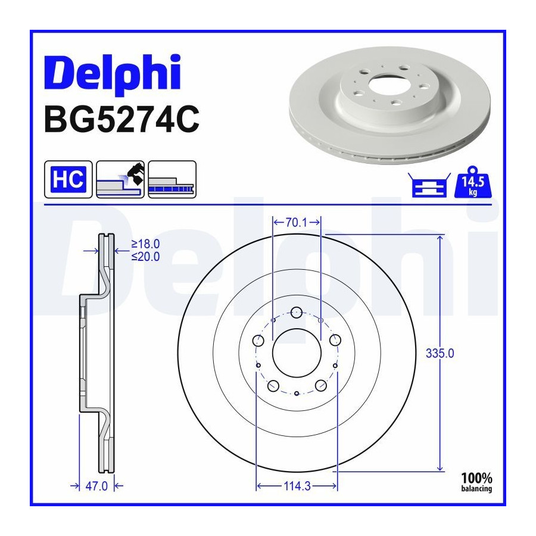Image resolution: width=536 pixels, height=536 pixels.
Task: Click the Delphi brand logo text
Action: click(113, 73)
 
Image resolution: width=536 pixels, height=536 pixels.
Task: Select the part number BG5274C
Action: click(121, 119)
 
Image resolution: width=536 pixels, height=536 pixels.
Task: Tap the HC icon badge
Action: click(68, 179)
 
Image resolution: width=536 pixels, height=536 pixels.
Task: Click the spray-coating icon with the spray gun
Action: click(120, 179)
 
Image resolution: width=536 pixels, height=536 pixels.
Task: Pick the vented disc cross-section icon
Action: click(172, 179)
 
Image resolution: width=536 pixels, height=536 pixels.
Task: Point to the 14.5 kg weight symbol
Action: click(473, 182)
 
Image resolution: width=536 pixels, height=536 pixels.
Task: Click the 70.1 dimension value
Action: click(297, 223)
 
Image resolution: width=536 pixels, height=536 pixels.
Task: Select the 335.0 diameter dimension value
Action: click(440, 353)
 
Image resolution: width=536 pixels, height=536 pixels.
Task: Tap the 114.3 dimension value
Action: click(297, 486)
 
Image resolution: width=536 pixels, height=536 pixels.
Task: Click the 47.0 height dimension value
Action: click(96, 486)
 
